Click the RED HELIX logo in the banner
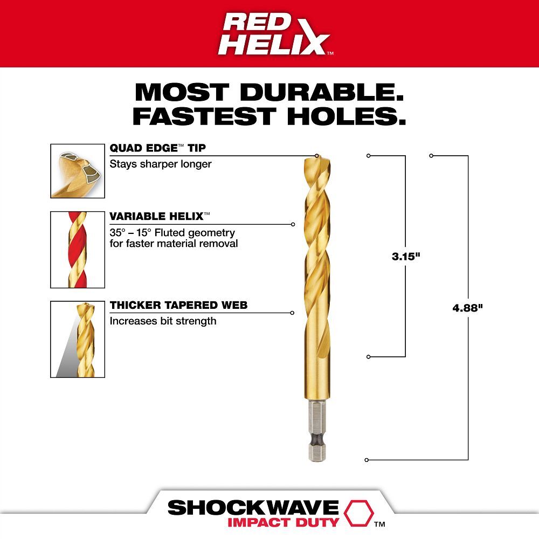[x=274, y=33]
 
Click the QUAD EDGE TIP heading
[x=158, y=148]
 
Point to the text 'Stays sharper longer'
[x=161, y=164]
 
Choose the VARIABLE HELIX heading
[x=157, y=217]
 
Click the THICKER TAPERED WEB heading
[x=178, y=306]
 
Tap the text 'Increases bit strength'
[x=163, y=321]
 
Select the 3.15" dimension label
[x=405, y=257]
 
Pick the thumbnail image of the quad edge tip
[x=78, y=170]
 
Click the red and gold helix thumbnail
[x=78, y=250]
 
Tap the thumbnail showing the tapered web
[x=78, y=339]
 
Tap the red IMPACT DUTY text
[x=282, y=522]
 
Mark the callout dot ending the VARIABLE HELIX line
[x=293, y=224]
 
